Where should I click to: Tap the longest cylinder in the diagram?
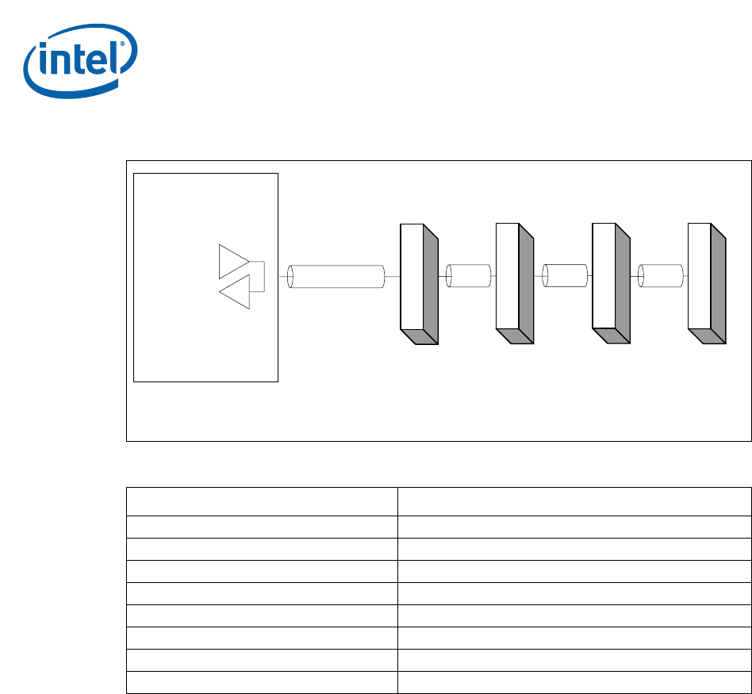[x=336, y=277]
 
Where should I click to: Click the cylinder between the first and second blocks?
[x=467, y=276]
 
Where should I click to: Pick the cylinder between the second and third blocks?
[x=564, y=276]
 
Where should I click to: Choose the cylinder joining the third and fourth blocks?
[x=661, y=276]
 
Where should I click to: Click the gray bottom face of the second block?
[x=516, y=337]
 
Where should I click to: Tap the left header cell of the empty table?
[x=262, y=501]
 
